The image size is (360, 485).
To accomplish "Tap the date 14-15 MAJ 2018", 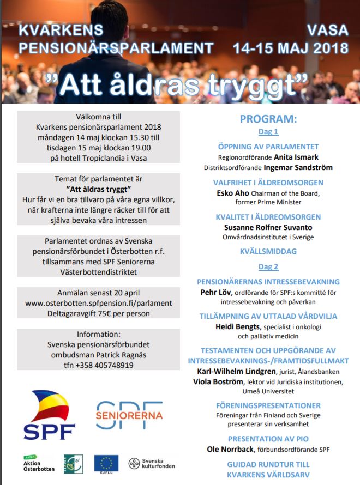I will [290, 47].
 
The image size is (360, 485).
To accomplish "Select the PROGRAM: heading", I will [268, 119].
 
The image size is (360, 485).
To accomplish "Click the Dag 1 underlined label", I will [268, 131].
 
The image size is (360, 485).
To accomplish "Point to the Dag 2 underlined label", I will [268, 266].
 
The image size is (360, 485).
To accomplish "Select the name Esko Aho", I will [233, 192].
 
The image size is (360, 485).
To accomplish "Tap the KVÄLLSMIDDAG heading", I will [268, 252].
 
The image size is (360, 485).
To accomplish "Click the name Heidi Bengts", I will [238, 327].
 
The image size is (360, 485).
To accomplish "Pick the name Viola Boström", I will [218, 381].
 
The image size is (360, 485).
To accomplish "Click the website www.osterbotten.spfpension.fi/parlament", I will [98, 303].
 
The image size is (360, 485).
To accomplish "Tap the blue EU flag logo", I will [106, 463].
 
